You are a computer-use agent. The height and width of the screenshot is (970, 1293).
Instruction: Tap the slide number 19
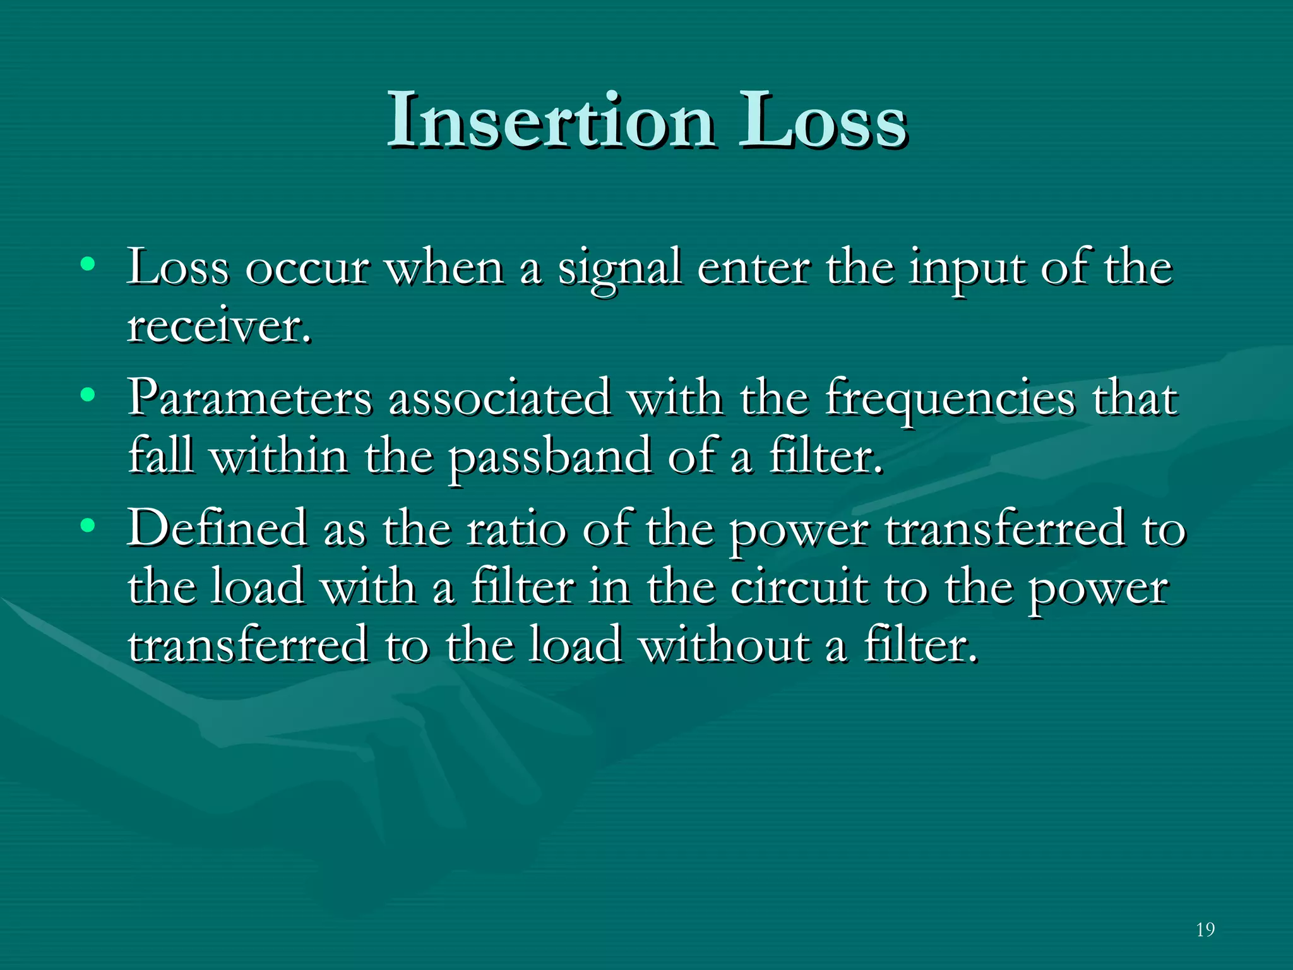tap(1205, 929)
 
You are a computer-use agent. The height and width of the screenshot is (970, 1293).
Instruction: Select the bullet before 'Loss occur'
tap(88, 264)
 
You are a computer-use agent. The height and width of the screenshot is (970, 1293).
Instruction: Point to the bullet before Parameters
tap(88, 395)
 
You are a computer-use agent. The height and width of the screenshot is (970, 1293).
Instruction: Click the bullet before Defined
tap(88, 525)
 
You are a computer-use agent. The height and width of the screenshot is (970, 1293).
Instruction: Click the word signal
tap(619, 268)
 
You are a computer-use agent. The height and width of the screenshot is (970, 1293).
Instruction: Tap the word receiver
tap(219, 326)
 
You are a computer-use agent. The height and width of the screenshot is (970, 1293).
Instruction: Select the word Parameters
tap(250, 399)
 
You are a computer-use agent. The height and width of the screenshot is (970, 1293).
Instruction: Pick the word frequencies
tap(950, 399)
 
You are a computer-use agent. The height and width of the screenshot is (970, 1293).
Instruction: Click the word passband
tap(550, 457)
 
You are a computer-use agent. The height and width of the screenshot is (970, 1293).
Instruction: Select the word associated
tap(499, 399)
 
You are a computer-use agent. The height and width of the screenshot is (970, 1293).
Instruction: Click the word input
tap(967, 268)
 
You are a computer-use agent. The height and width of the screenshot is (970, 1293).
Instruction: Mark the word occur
tap(307, 268)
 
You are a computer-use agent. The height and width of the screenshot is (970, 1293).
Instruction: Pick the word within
tap(278, 457)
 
